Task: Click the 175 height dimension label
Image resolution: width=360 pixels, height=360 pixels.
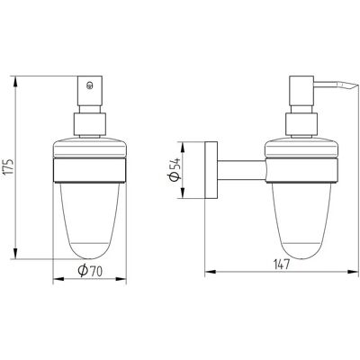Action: [9, 166]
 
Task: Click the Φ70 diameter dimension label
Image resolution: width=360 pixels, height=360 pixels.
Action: [90, 271]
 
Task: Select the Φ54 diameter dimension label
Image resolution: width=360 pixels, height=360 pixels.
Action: [175, 169]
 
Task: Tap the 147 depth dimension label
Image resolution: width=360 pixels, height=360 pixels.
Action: [281, 265]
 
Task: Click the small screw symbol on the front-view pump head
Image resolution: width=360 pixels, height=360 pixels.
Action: [89, 86]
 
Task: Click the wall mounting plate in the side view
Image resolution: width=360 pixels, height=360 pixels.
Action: [211, 170]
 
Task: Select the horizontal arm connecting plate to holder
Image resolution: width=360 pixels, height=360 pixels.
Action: [241, 170]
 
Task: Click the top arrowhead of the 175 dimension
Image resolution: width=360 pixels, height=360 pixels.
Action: [16, 82]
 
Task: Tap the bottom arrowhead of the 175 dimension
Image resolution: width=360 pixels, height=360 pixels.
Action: [16, 253]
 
